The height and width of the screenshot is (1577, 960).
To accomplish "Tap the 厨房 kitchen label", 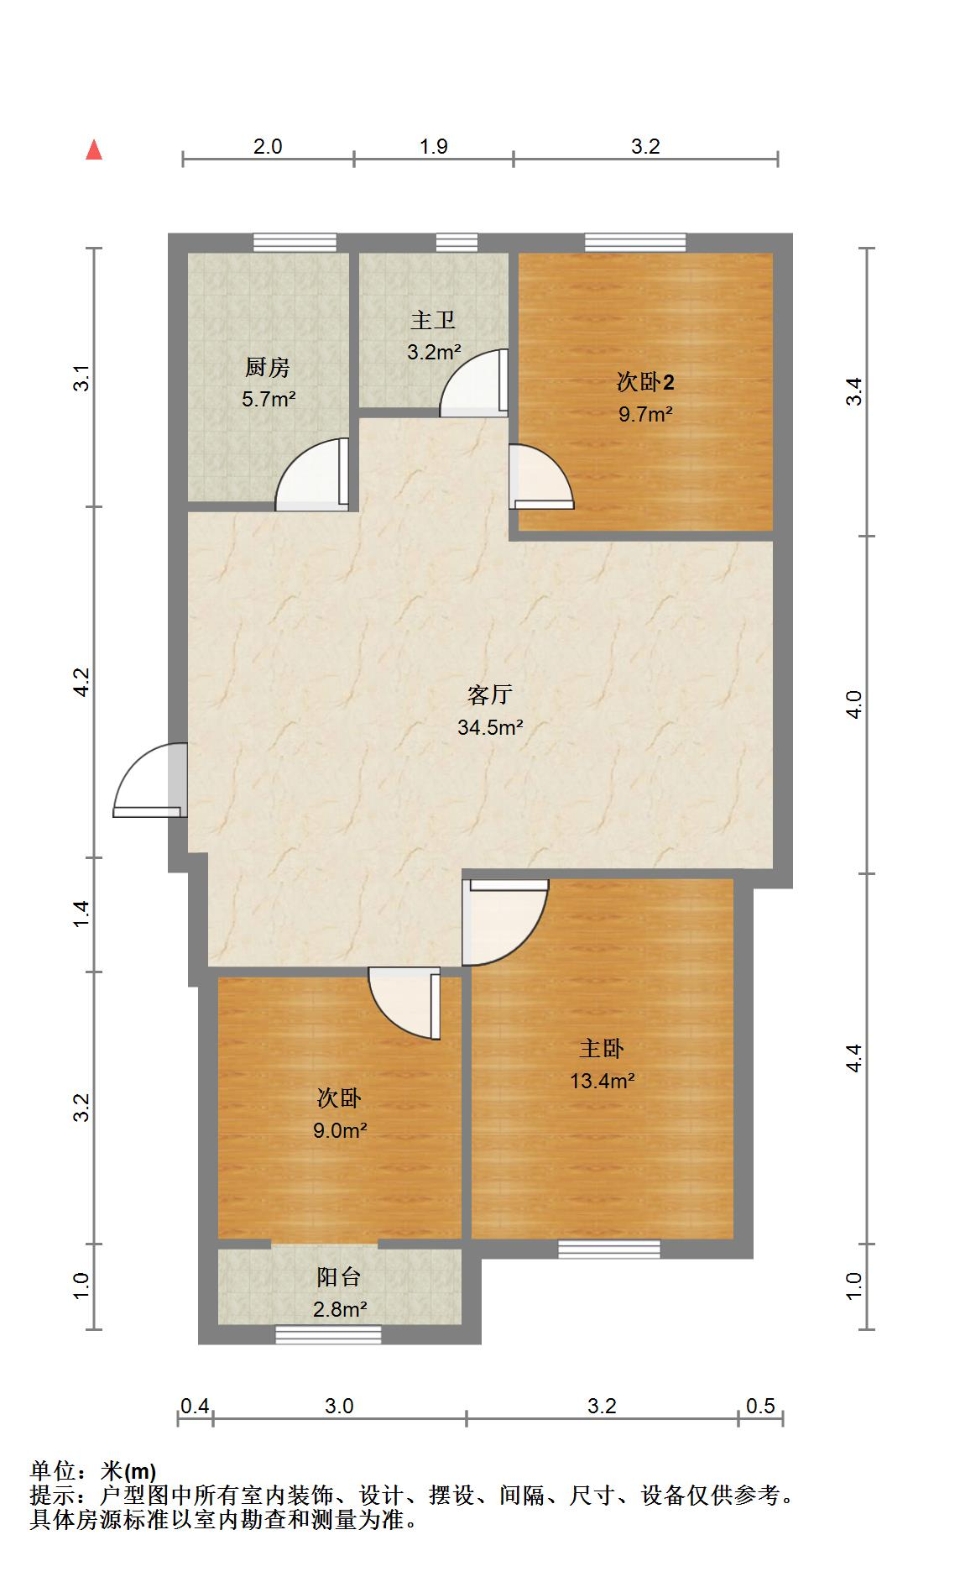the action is tap(268, 367).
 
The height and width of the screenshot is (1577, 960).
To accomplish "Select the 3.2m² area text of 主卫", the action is tap(434, 353).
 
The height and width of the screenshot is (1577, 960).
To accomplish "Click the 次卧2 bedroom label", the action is tap(645, 382).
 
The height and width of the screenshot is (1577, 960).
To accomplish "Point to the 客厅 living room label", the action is tap(490, 694).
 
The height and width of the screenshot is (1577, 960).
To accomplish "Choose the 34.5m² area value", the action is tap(490, 727).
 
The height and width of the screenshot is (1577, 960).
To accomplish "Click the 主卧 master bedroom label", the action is tap(602, 1048).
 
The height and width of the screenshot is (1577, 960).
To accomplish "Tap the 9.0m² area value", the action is tap(340, 1130).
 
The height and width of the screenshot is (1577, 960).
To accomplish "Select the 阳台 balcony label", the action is tap(339, 1277).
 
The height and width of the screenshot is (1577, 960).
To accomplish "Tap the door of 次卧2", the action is tap(541, 476).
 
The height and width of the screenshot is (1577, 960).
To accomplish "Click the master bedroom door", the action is tap(505, 922).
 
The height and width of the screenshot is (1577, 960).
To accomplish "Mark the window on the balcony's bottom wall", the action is tap(328, 1334).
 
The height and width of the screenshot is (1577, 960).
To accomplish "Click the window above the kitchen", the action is tap(295, 243).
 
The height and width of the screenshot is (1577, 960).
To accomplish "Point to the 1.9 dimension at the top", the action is tap(434, 146).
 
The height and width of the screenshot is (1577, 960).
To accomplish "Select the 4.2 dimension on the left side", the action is tap(81, 682).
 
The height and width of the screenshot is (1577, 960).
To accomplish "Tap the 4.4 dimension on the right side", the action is tap(854, 1058).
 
